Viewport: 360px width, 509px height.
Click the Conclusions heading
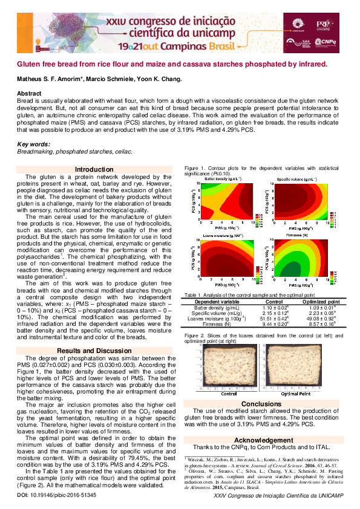tap(261, 404)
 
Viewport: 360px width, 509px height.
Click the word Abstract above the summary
tap(29, 93)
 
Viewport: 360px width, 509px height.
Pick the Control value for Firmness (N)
tap(273, 324)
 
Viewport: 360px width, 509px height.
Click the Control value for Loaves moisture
tap(273, 319)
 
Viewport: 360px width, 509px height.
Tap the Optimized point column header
tap(321, 302)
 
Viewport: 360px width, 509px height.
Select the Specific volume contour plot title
tap(296, 179)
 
